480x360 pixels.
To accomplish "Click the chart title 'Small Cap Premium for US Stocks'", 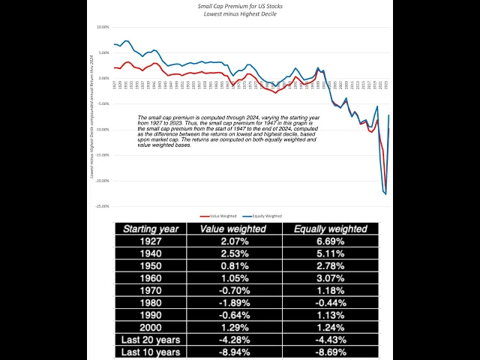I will coord(241,6).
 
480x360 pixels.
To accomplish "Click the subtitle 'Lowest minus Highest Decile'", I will coord(241,13).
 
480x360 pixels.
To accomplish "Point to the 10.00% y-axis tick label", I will coord(101,27).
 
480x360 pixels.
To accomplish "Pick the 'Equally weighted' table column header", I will coord(330,229).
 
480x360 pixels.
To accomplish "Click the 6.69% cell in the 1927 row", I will coord(330,243).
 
